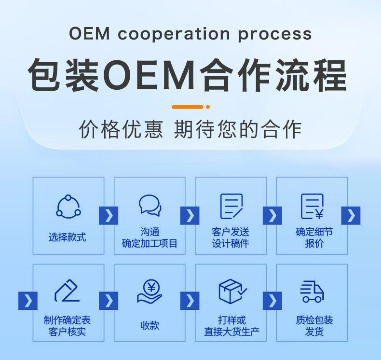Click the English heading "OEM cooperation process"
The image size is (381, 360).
pos(190,34)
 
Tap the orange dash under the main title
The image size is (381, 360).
pos(188,107)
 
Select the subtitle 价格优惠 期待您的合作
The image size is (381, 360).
pos(190,130)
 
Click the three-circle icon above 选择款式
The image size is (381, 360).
pos(68,206)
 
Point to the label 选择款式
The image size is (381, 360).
pos(68,237)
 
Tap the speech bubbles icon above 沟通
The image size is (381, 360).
pos(150,205)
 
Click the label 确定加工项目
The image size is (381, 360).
pos(150,244)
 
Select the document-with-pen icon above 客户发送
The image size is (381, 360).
pos(231,206)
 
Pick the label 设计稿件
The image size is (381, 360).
pos(231,244)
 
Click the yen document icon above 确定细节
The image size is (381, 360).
pos(312,206)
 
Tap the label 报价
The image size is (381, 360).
pos(312,244)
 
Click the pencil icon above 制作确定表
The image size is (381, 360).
pos(68,291)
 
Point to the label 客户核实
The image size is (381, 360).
pos(68,332)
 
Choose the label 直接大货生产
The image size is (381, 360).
pos(231,332)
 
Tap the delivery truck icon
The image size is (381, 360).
pos(312,291)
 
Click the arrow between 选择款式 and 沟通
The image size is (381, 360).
pos(109,215)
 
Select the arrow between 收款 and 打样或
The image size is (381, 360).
pos(190,301)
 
